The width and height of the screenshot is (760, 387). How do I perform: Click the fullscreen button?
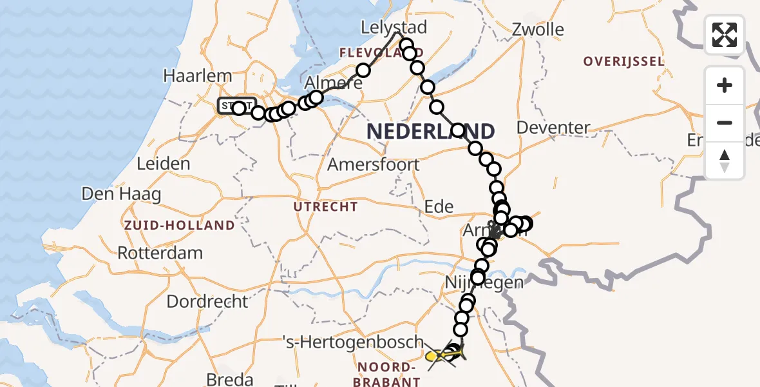coord(725,35)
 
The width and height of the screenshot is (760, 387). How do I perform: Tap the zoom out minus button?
coord(725,123)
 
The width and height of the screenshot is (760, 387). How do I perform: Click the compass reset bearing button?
coord(725,161)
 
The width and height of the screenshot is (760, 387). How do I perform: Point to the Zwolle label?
coord(538,30)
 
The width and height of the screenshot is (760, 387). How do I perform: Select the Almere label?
coord(333,83)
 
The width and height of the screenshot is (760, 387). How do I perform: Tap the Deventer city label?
coord(553,128)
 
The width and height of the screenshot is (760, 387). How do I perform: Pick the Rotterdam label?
coord(160,253)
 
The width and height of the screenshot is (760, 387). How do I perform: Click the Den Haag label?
coord(121,193)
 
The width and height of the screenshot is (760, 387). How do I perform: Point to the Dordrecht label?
coord(207,301)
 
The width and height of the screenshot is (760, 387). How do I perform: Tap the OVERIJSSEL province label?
coord(623,62)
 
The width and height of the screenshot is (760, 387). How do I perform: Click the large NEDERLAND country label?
coord(430,132)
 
